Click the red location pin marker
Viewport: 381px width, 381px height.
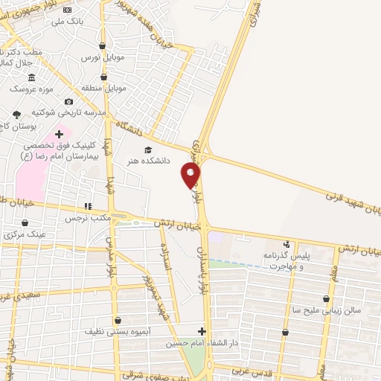[x=190, y=176]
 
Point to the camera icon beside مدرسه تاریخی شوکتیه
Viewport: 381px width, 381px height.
[x=68, y=101]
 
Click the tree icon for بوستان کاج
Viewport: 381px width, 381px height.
[x=17, y=114]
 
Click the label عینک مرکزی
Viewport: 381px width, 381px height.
[x=25, y=234]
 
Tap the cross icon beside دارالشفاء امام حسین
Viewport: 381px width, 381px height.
[x=202, y=331]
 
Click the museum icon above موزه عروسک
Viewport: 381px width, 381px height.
[x=31, y=78]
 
